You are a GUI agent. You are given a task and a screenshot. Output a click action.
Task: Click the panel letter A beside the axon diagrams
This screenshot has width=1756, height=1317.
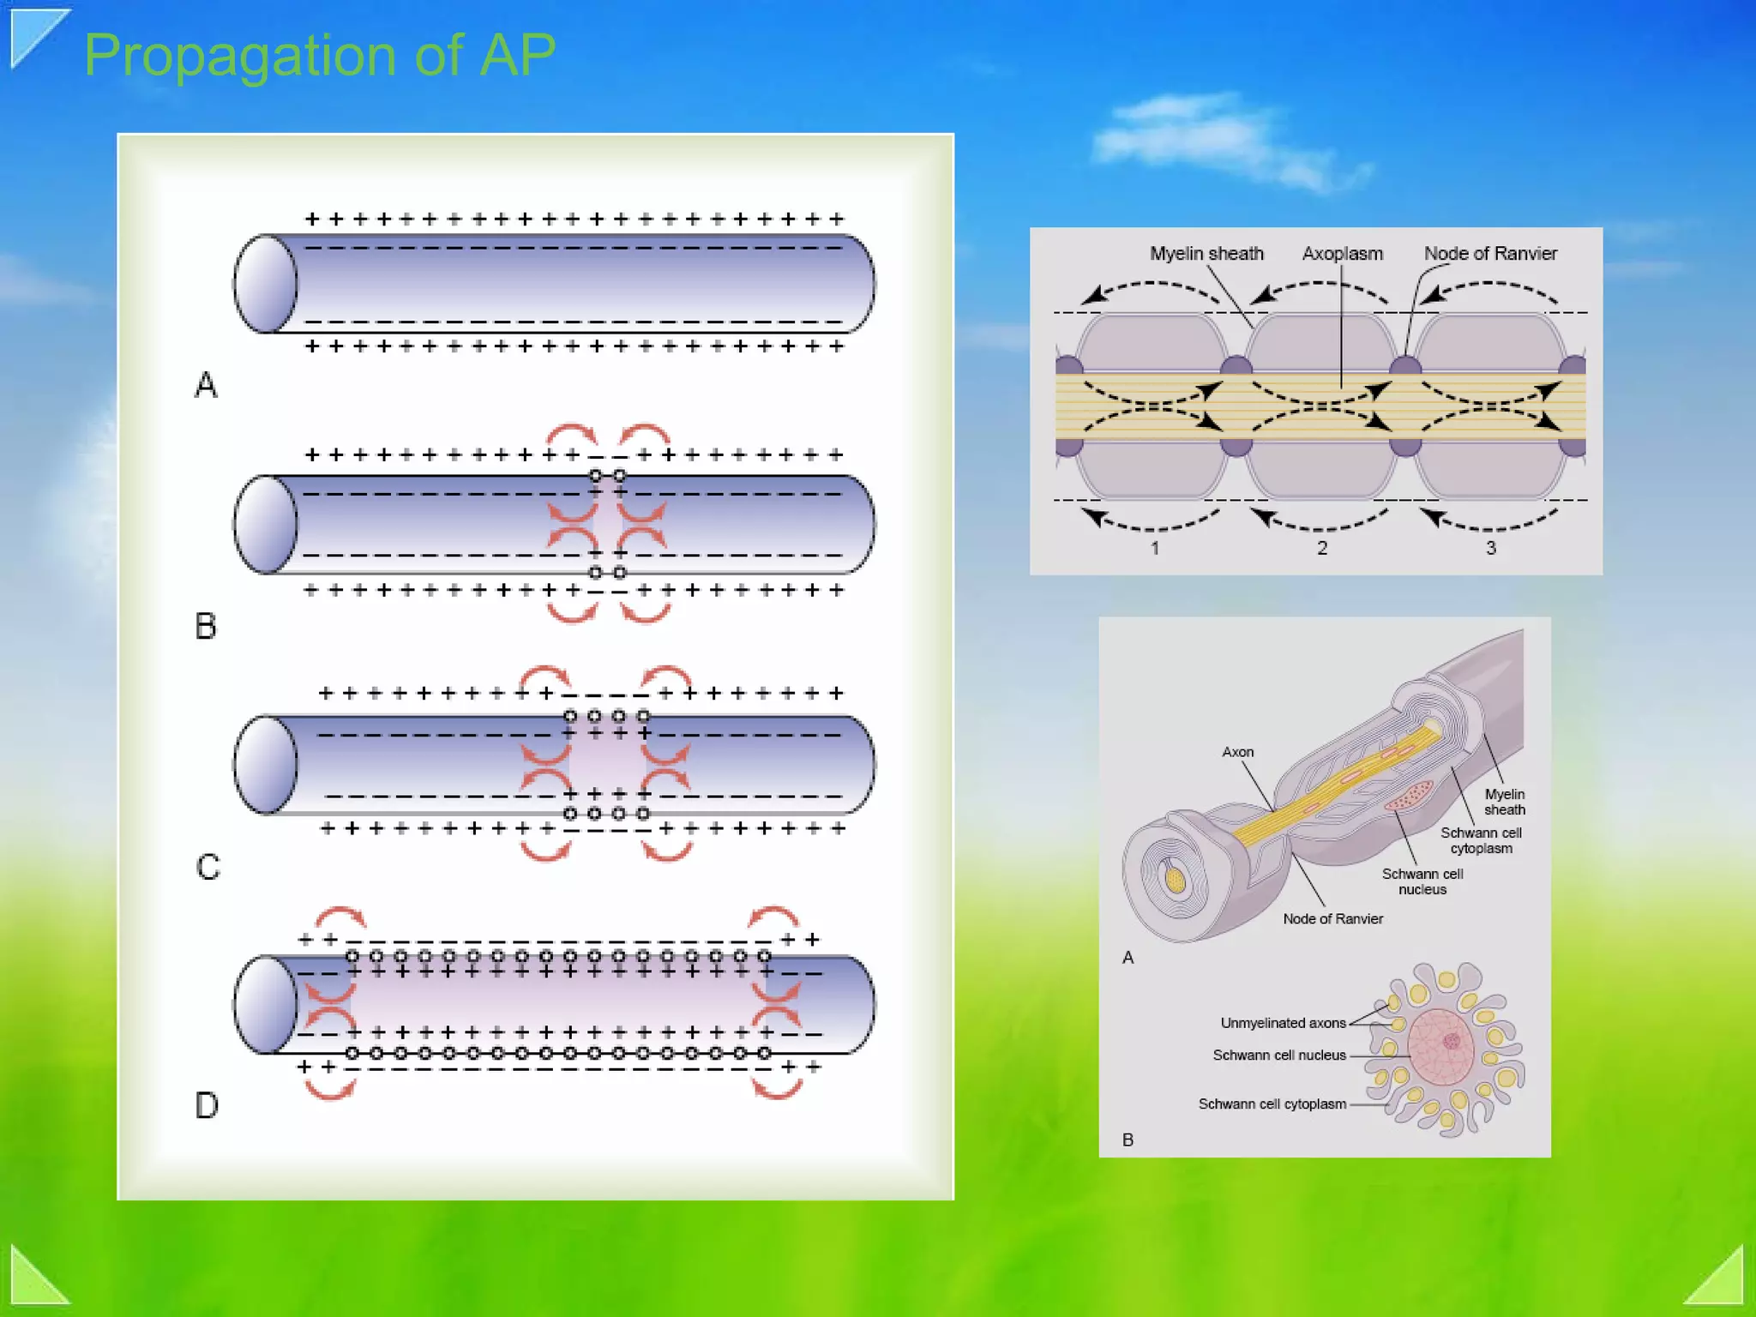click(206, 385)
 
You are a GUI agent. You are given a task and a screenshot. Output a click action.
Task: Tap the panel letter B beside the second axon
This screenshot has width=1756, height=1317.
click(206, 626)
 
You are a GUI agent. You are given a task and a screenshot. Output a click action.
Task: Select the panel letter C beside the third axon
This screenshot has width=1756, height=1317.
click(207, 867)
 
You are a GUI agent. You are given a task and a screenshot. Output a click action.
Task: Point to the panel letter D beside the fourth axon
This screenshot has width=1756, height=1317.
click(207, 1105)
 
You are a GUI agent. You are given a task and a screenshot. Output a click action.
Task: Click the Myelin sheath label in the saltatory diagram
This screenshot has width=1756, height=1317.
click(1206, 254)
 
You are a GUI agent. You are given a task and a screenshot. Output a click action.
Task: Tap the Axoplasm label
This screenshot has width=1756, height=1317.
click(1342, 254)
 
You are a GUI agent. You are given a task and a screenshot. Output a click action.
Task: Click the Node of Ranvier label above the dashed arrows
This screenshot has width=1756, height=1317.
click(1490, 254)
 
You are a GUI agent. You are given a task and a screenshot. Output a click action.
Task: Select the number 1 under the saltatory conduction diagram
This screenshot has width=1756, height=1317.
click(1155, 548)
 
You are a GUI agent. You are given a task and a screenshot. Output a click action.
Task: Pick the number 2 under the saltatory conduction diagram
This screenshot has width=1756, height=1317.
click(1322, 548)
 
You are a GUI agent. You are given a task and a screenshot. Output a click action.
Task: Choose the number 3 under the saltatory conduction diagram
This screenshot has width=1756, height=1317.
click(1491, 548)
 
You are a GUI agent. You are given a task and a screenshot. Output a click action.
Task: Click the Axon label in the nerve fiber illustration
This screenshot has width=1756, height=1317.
click(1237, 752)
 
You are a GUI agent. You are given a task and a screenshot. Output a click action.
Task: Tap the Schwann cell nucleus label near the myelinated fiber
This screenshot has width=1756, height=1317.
click(1422, 881)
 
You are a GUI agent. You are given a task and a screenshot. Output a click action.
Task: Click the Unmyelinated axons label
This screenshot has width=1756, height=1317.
click(1283, 1023)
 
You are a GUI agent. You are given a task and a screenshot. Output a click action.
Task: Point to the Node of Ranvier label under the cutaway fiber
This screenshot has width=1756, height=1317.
click(1332, 919)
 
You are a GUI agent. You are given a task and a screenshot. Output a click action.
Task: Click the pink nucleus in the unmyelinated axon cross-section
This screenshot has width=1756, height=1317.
click(1440, 1046)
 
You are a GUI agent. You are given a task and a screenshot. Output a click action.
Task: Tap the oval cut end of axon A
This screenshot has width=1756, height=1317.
click(266, 284)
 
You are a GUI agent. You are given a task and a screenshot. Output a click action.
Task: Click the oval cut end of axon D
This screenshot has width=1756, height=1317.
click(266, 1004)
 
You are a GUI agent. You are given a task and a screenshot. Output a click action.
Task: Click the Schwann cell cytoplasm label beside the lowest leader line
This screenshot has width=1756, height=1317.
click(1272, 1104)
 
